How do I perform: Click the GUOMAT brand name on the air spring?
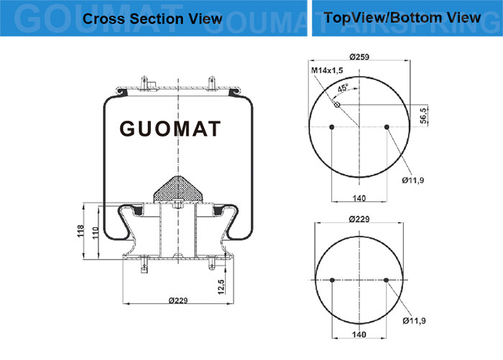point(170,129)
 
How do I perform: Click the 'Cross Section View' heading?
point(152,19)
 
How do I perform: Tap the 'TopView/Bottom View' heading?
point(402,18)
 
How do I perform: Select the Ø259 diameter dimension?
point(359,57)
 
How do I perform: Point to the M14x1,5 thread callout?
point(327,70)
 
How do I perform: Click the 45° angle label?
point(343,88)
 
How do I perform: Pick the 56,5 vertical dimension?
point(424,116)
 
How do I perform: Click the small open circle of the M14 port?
point(337,105)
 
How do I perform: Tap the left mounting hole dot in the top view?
point(332,127)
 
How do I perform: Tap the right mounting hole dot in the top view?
point(387,127)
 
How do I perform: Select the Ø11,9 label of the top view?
point(413,180)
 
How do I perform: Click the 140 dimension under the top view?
point(359,198)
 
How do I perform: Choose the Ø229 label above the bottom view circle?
point(359,219)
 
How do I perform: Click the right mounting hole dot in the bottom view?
point(387,280)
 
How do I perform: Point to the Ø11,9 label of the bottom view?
point(414,320)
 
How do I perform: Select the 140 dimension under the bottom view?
point(359,335)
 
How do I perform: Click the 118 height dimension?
point(80,231)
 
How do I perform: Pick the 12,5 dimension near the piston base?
point(221,287)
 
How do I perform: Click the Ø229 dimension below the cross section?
point(178,300)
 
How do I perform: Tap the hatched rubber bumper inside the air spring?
point(178,189)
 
